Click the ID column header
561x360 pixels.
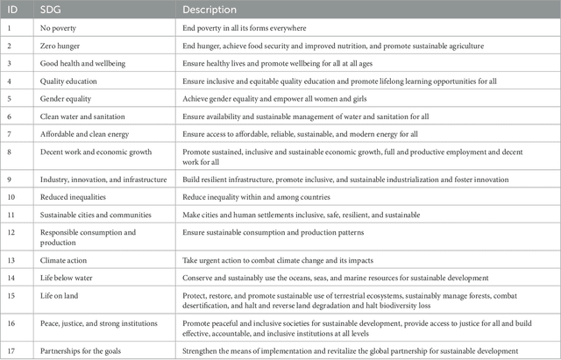tap(14, 11)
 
